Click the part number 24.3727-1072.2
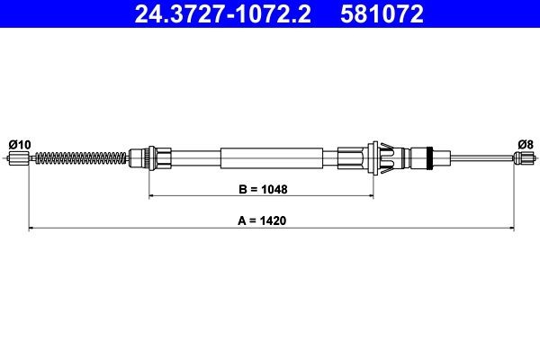coord(214,14)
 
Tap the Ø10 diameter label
coord(19,145)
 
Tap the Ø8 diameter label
coord(525,145)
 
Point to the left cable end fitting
coord(20,160)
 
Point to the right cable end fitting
coord(524,160)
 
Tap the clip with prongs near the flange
coord(382,158)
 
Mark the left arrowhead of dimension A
coord(32,228)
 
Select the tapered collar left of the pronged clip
coord(351,159)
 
